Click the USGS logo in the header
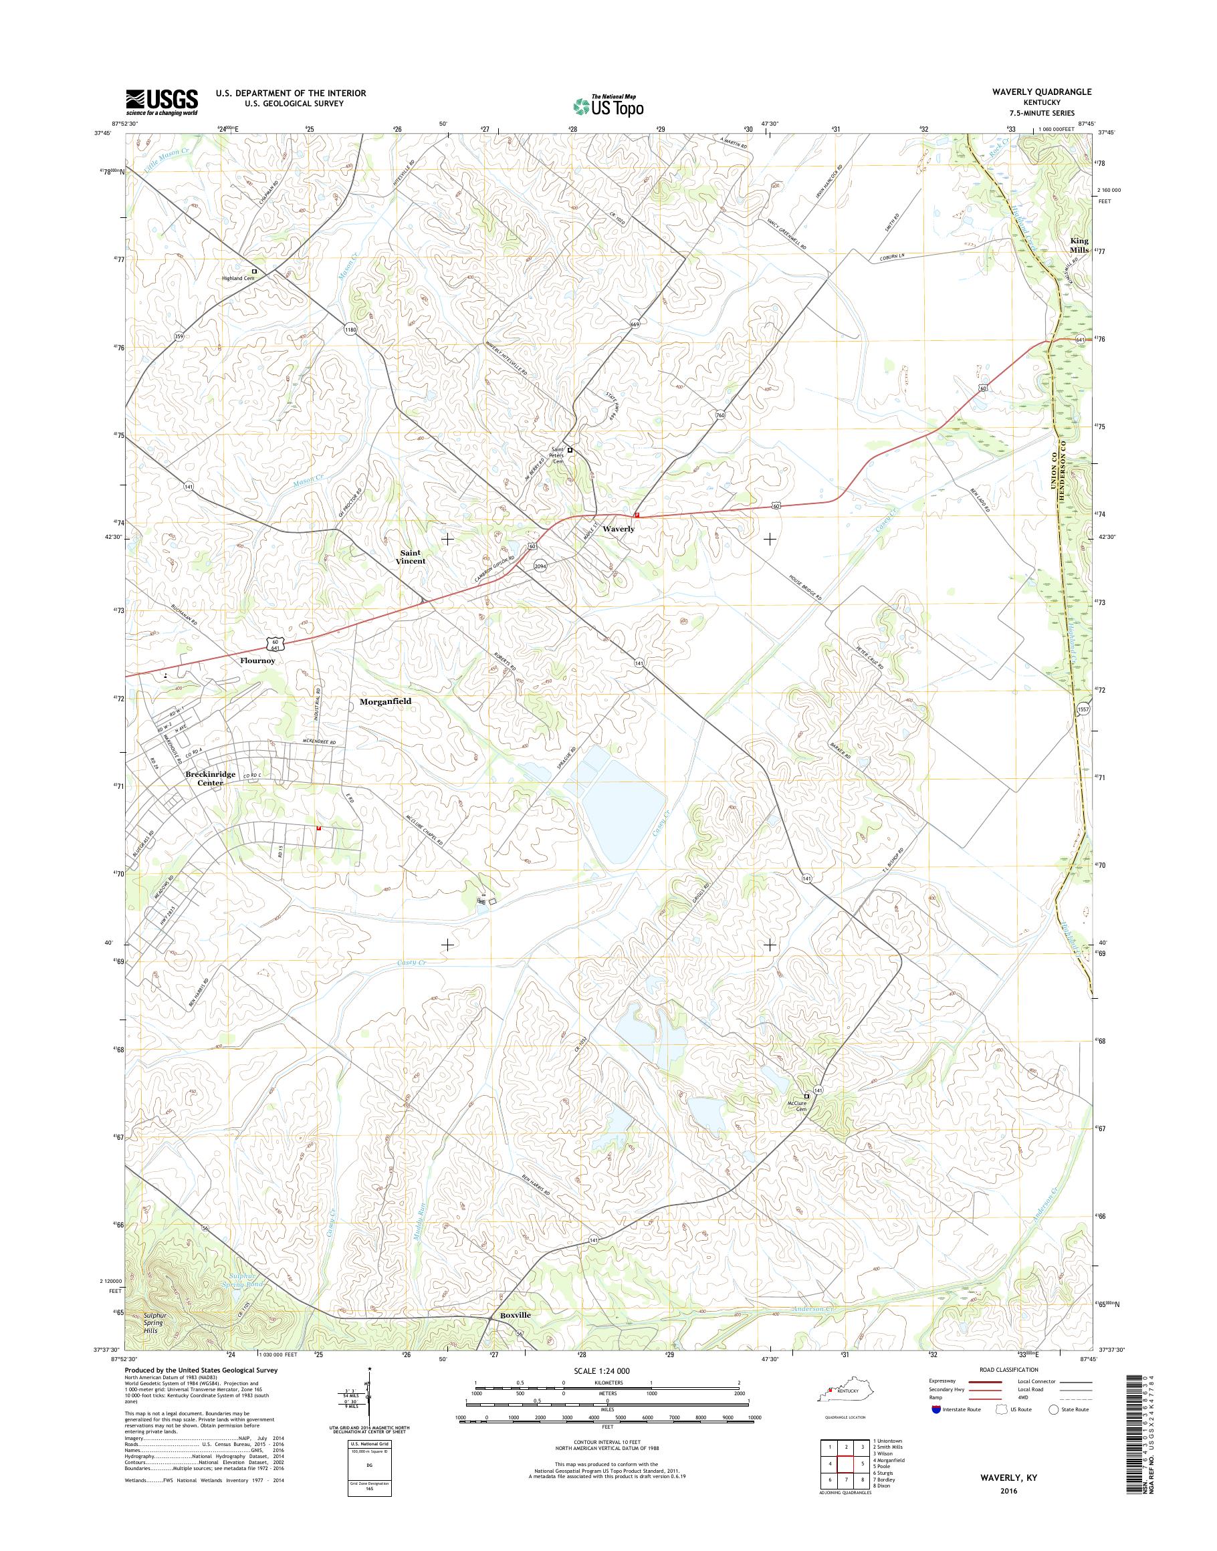[x=162, y=102]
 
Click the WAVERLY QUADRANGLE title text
[x=1046, y=93]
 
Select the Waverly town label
[x=619, y=529]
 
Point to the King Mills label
[x=1079, y=246]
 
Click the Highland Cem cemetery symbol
[x=254, y=271]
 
